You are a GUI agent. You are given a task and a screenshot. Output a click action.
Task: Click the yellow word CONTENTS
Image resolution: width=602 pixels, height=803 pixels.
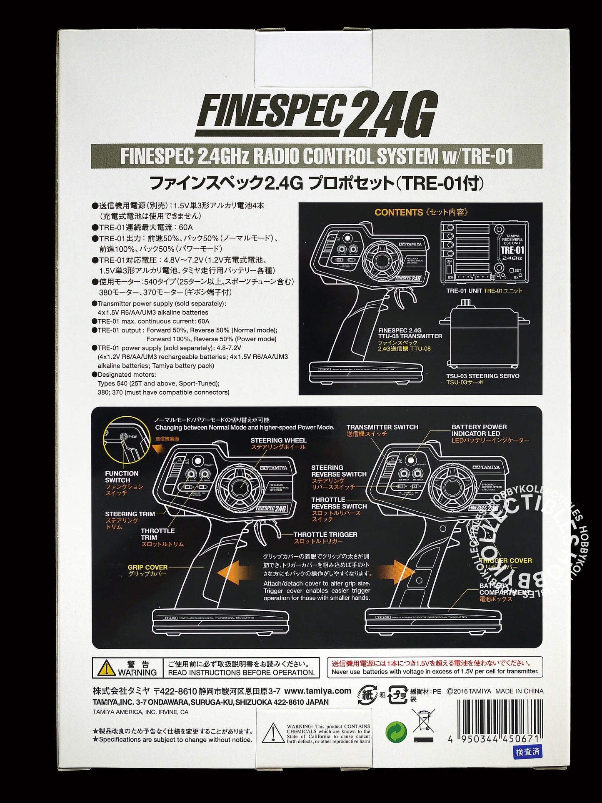(x=398, y=212)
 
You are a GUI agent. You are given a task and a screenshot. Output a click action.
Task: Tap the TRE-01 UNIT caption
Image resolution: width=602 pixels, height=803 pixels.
(x=464, y=291)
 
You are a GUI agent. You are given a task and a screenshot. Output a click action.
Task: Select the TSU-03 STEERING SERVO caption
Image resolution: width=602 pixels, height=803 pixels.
(x=482, y=376)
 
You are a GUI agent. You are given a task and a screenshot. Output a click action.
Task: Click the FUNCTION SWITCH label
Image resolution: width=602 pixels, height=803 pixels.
(x=122, y=477)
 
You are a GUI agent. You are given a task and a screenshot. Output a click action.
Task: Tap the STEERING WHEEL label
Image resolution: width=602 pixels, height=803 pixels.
(x=278, y=440)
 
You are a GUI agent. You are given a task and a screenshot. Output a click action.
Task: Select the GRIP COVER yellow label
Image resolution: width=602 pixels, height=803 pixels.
(x=147, y=568)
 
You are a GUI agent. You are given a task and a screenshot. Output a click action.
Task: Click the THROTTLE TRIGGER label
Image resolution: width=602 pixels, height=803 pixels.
(x=325, y=535)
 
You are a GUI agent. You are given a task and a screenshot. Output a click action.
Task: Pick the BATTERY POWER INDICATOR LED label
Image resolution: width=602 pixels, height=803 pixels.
(x=479, y=430)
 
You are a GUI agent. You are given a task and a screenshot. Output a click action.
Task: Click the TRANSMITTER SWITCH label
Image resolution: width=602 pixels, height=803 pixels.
(x=382, y=427)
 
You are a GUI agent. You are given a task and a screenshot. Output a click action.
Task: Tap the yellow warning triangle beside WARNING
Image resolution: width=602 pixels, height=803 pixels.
(x=106, y=668)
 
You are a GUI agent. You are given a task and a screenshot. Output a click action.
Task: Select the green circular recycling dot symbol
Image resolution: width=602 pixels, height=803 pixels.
(x=396, y=733)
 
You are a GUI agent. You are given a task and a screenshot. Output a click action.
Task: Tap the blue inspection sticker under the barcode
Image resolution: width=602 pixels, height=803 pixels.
(x=527, y=751)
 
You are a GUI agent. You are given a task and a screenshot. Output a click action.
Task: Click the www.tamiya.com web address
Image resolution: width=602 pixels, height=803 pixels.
(x=318, y=691)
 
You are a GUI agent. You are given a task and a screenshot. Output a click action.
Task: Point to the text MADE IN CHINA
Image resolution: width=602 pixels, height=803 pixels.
(x=519, y=691)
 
